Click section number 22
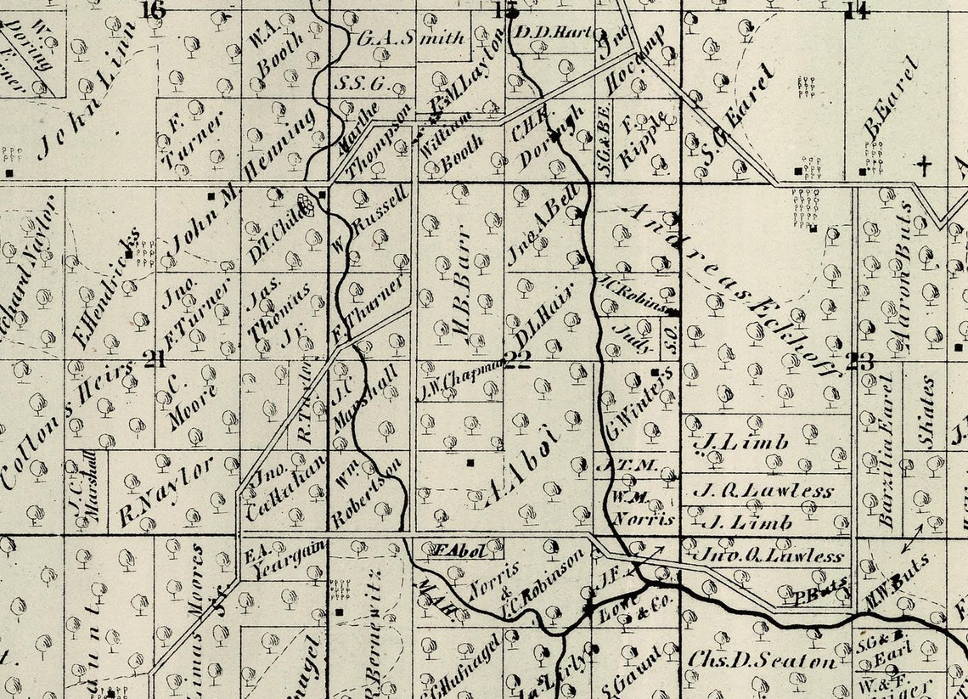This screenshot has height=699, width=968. pyautogui.click(x=517, y=361)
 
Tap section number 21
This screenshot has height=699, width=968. pyautogui.click(x=154, y=360)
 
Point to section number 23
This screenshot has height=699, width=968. pyautogui.click(x=859, y=361)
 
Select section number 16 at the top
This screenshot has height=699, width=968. pyautogui.click(x=154, y=10)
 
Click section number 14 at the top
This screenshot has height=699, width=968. pyautogui.click(x=857, y=11)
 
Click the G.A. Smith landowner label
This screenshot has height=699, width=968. pyautogui.click(x=411, y=38)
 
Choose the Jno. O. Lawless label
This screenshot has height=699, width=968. pyautogui.click(x=771, y=556)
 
